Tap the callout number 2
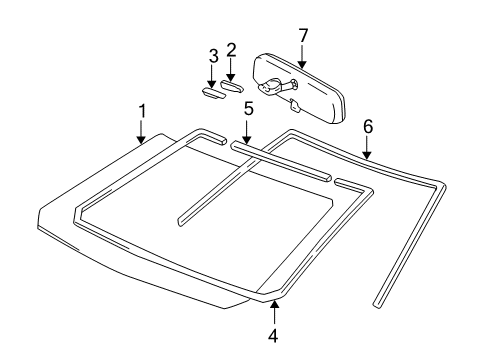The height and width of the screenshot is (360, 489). (x=231, y=49)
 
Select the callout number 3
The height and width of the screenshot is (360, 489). (x=212, y=54)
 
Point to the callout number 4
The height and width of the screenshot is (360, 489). (x=272, y=335)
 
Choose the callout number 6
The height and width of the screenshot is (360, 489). (x=368, y=127)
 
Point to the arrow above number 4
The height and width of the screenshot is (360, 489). (x=272, y=311)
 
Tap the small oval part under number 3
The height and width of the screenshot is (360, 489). (x=212, y=93)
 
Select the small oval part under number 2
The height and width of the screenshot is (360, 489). (x=232, y=87)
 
